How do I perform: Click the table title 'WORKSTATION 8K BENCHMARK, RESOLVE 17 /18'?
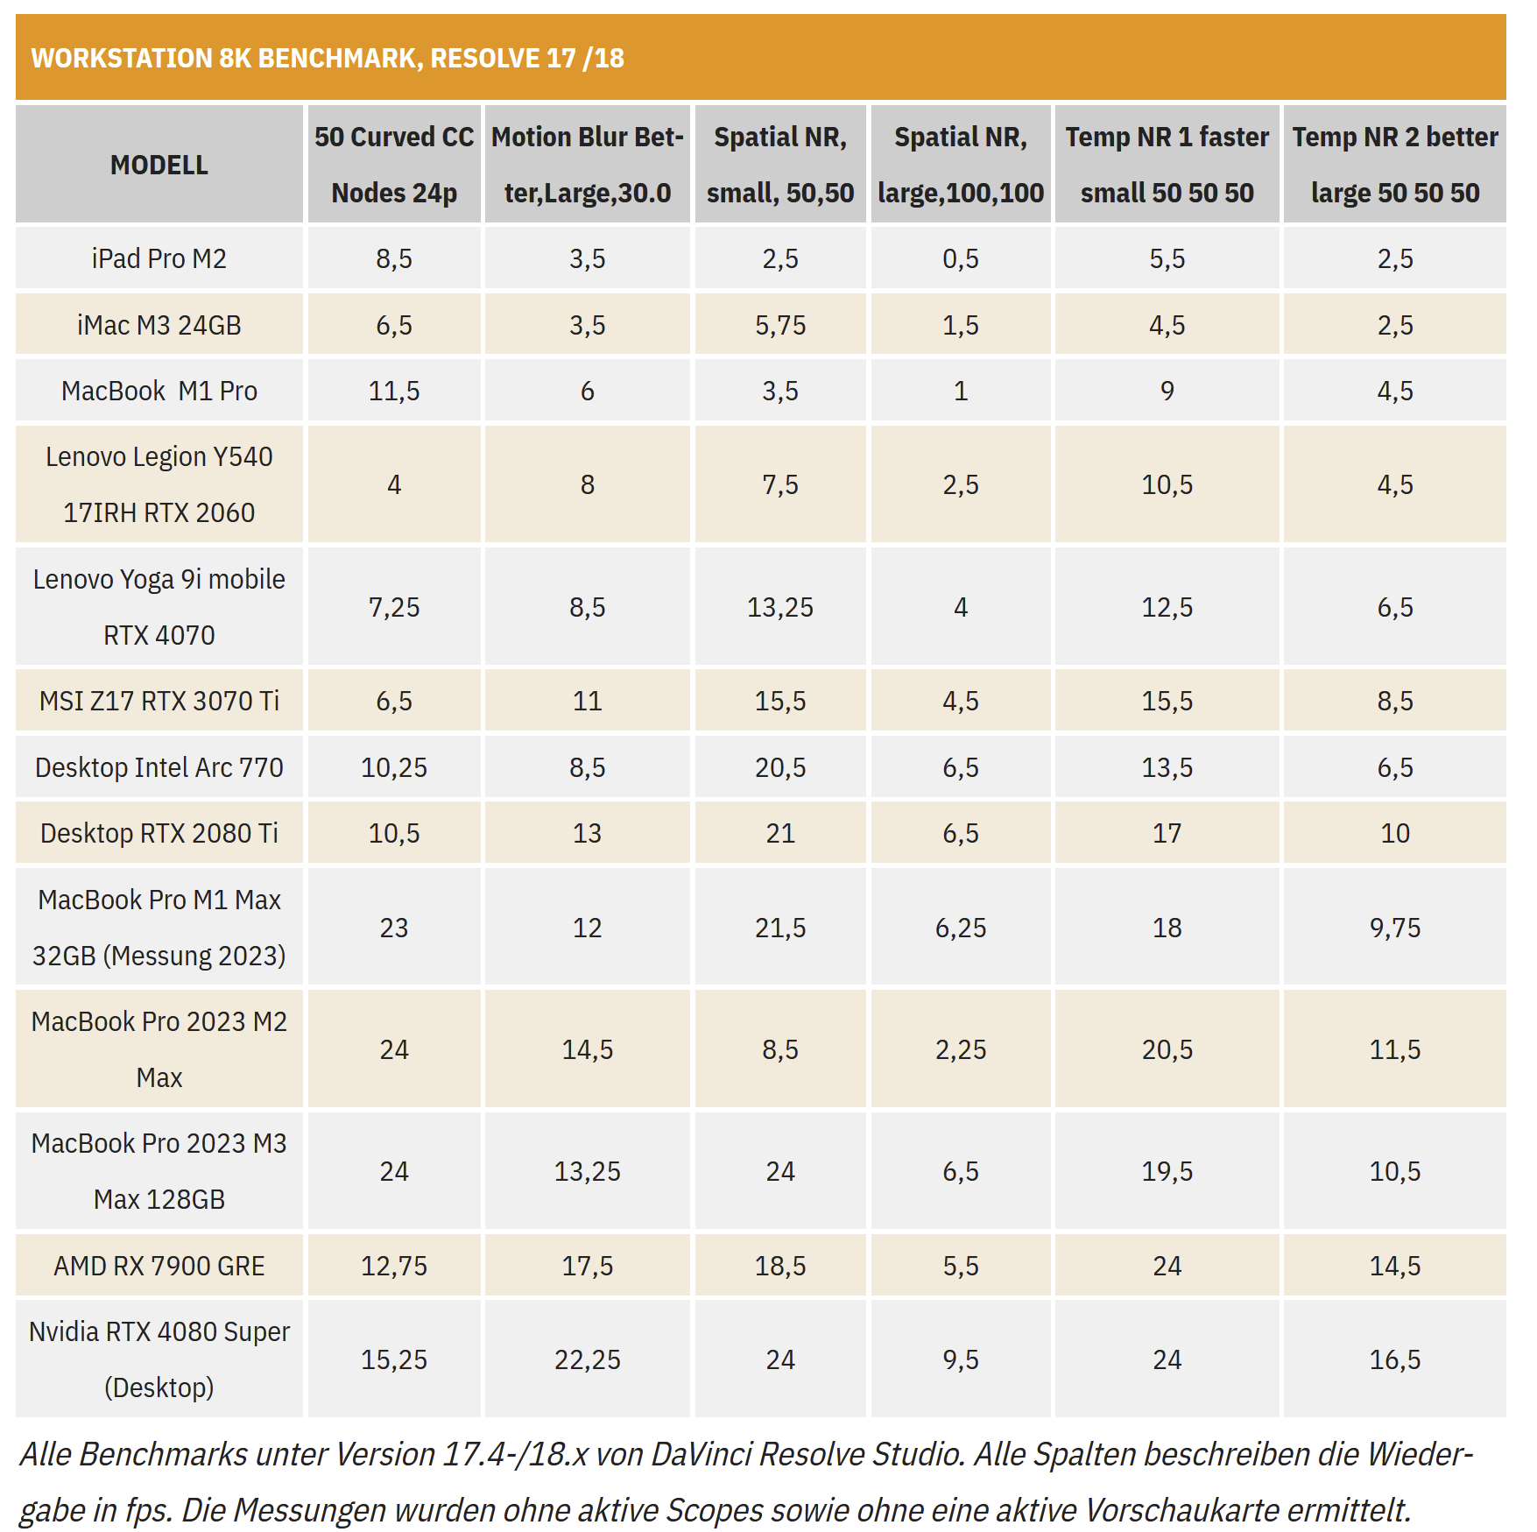coord(328,59)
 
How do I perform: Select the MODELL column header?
coord(159,165)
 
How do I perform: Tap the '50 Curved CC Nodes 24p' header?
coord(394,165)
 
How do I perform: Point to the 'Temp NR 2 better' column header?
coord(1394,165)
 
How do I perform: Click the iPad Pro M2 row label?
coord(159,258)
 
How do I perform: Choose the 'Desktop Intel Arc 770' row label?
coord(159,767)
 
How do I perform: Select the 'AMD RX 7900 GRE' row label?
coord(159,1266)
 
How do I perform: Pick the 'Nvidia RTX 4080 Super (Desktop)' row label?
coord(159,1359)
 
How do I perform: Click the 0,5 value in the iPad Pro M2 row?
coord(961,258)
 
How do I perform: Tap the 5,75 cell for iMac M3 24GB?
coord(780,325)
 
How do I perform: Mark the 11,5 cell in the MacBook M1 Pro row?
coord(394,391)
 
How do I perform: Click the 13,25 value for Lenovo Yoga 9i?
coord(780,607)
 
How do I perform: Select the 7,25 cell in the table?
coord(394,607)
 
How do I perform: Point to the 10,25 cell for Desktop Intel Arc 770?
coord(394,767)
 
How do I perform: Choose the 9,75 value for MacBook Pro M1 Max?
coord(1394,928)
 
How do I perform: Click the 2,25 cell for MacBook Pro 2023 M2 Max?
coord(961,1049)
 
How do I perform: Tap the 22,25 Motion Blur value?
coord(587,1359)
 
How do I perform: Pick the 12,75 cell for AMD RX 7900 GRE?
coord(394,1266)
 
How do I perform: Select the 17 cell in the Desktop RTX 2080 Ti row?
coord(1167,833)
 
